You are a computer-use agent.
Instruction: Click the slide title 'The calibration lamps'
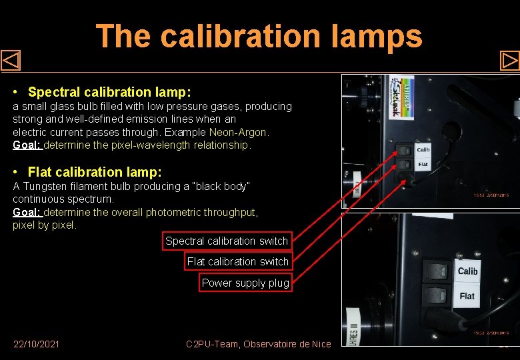[x=259, y=36]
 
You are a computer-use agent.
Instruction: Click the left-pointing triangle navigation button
[x=11, y=61]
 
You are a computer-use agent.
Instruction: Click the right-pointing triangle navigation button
[x=509, y=61]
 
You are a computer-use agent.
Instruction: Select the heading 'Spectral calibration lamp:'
[x=109, y=91]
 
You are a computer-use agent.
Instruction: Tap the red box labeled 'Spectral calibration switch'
[x=227, y=241]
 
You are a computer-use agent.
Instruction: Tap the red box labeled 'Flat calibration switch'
[x=237, y=261]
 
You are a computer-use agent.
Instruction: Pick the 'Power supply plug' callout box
[x=245, y=283]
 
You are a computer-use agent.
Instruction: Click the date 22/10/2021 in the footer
[x=36, y=344]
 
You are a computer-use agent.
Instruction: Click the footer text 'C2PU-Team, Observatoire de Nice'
[x=258, y=344]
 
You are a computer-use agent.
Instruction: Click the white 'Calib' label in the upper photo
[x=423, y=150]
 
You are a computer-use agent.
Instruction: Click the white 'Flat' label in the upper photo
[x=423, y=164]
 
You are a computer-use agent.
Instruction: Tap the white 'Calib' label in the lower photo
[x=467, y=271]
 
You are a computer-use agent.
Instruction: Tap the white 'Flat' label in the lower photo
[x=467, y=295]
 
